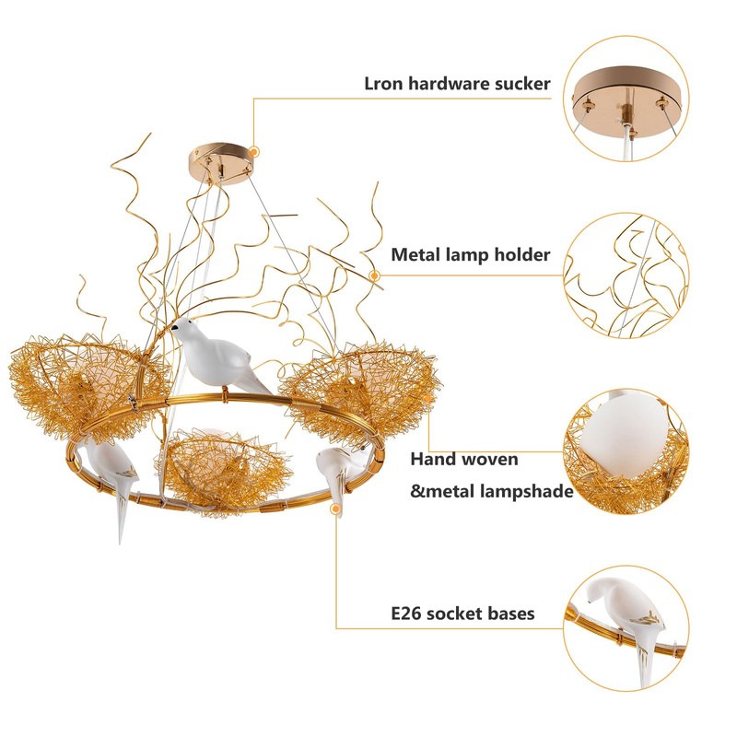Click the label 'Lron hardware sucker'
click(x=457, y=84)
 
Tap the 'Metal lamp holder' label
click(x=471, y=254)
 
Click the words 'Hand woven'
click(x=464, y=458)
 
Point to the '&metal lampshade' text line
click(x=492, y=491)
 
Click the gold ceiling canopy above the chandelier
click(x=223, y=158)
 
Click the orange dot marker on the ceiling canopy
click(x=254, y=148)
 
